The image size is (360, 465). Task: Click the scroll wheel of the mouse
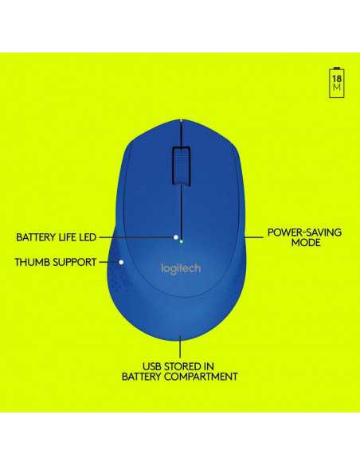[x=181, y=166]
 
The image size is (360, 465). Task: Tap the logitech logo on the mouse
[x=181, y=268]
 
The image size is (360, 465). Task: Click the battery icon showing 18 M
[x=337, y=83]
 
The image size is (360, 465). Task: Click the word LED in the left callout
[x=88, y=237]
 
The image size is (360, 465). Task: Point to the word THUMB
[x=30, y=262]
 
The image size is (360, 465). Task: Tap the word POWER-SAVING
[x=304, y=232]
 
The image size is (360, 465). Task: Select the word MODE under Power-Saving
[x=305, y=243]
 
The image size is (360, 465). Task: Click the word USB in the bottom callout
[x=152, y=366]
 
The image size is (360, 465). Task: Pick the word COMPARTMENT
[x=201, y=377]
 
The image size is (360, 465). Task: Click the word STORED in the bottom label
[x=182, y=366]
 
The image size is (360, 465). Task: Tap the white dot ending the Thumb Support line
[x=121, y=262]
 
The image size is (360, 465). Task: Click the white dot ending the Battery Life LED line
[x=176, y=237]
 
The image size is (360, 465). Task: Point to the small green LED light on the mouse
[x=181, y=241]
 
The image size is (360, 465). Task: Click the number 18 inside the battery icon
[x=337, y=79]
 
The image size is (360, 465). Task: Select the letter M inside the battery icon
[x=337, y=88]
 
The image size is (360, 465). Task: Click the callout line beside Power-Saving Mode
[x=253, y=237]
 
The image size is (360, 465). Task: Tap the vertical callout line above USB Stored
[x=180, y=346]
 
